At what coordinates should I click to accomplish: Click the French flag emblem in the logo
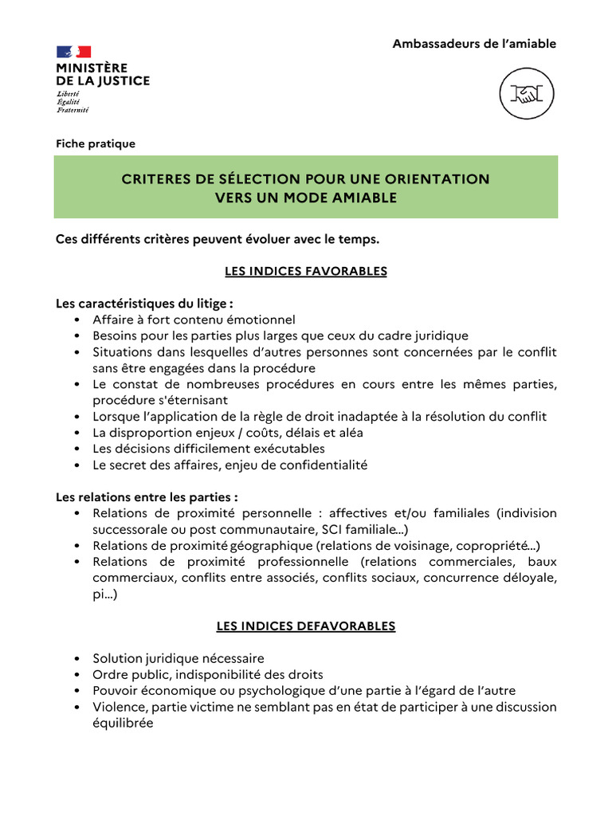tap(73, 52)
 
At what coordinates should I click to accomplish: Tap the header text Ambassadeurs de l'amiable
tap(474, 44)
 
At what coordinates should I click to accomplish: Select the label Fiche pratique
tap(96, 144)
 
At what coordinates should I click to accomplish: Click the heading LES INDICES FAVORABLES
tap(306, 272)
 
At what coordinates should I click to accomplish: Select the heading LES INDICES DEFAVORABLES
tap(306, 626)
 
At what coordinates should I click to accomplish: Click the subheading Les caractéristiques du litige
tap(144, 304)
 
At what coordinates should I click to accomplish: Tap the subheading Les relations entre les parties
tap(147, 496)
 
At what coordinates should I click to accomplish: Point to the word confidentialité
tap(321, 465)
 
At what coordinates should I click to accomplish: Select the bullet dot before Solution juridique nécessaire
tap(76, 659)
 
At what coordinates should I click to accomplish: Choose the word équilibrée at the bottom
tap(123, 723)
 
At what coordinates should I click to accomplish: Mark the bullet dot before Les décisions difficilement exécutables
tap(76, 449)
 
